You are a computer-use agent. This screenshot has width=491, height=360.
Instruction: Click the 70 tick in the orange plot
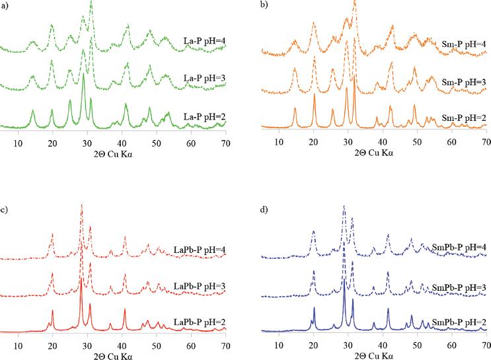[x=486, y=141]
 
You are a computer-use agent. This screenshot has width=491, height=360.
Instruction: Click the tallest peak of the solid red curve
[x=81, y=279]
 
